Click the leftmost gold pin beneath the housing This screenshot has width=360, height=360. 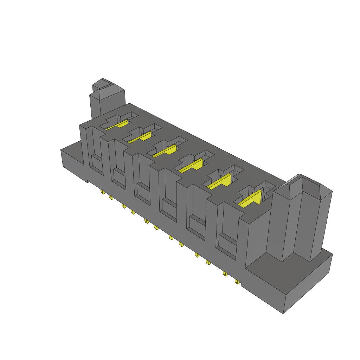[102, 192]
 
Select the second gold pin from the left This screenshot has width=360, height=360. [111, 198]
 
